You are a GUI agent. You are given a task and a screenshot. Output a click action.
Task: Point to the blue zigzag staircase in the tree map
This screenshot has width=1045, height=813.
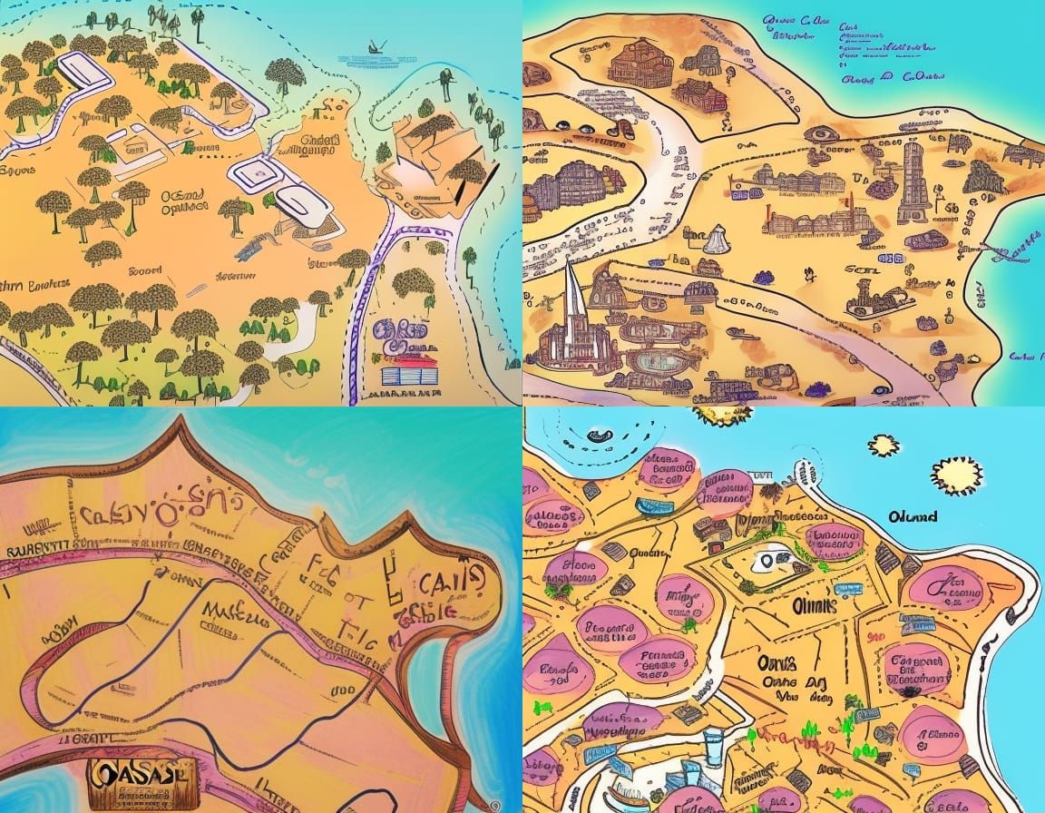[255, 243]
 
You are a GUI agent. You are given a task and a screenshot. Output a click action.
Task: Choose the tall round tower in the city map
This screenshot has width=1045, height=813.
[913, 181]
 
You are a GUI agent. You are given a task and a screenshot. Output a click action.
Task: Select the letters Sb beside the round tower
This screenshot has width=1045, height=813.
[950, 211]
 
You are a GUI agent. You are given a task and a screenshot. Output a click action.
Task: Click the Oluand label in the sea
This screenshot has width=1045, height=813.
[913, 517]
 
